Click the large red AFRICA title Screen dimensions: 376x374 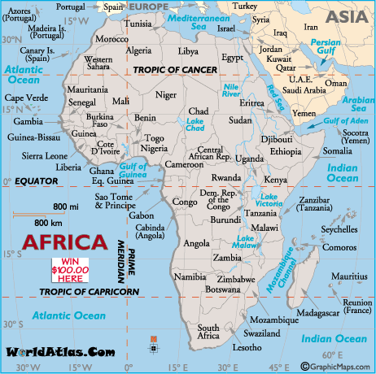click(x=63, y=241)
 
